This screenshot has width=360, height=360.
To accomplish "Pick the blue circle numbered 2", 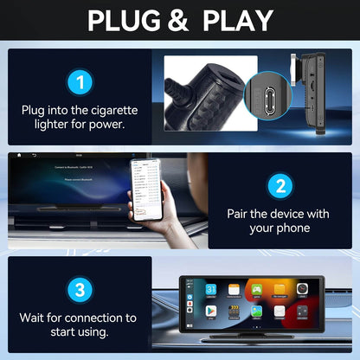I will (279, 185).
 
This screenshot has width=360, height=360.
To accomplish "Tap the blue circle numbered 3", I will (80, 288).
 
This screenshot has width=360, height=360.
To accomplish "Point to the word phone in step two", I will (293, 229).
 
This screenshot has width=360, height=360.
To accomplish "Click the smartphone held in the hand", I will (145, 188).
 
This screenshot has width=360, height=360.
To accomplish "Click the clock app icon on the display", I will (303, 289).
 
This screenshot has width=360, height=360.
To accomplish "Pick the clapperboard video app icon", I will (235, 310).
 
